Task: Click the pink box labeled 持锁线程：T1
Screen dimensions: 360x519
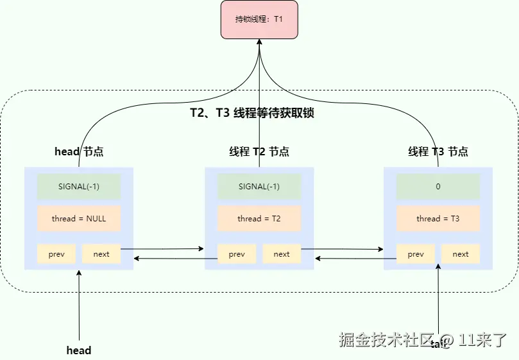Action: coord(259,19)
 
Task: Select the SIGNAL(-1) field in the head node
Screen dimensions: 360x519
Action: coord(79,187)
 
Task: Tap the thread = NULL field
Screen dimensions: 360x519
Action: coord(79,218)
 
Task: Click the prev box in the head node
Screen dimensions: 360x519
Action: coord(56,253)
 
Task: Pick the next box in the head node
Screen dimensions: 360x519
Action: coord(101,253)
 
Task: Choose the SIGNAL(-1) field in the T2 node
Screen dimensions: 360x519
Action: coord(259,187)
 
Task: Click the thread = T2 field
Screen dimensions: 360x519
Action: coord(259,218)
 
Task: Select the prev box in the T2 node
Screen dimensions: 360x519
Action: coord(237,253)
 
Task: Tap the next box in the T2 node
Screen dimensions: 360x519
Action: coord(282,253)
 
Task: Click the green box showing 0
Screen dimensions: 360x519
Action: coord(438,187)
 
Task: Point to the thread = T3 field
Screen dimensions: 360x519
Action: coord(438,218)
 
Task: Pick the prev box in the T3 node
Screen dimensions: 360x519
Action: coord(416,253)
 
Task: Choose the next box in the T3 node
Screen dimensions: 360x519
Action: coord(461,253)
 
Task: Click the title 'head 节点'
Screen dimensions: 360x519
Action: coord(79,152)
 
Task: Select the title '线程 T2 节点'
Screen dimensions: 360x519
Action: coord(259,152)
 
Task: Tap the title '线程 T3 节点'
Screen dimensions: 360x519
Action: coord(438,152)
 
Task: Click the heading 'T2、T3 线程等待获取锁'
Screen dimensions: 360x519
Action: coord(251,113)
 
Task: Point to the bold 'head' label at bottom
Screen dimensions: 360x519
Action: coord(79,350)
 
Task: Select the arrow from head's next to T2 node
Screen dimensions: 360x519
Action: coord(162,248)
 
